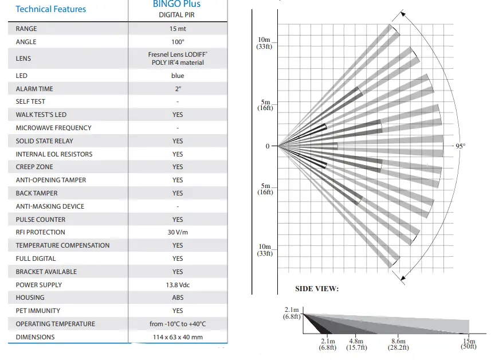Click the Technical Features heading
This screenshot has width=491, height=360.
(x=50, y=9)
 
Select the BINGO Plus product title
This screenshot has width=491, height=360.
(x=177, y=4)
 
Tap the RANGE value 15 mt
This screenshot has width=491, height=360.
(x=178, y=29)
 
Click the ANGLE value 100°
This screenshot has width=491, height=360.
(x=178, y=42)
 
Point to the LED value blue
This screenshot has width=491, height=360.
(x=178, y=76)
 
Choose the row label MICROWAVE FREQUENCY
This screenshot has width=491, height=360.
(x=53, y=128)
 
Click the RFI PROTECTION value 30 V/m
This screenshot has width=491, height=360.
(x=178, y=232)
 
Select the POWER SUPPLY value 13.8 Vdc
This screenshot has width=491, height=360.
(x=178, y=285)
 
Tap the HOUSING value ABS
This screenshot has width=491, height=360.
(x=178, y=298)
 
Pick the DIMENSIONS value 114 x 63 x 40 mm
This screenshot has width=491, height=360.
(x=178, y=337)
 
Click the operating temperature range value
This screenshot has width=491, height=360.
(x=178, y=324)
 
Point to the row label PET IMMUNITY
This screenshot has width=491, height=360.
(x=38, y=311)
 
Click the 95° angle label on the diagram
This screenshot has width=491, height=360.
(x=460, y=146)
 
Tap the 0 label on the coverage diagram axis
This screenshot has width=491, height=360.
(x=267, y=146)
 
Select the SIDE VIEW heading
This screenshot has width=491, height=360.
(x=317, y=289)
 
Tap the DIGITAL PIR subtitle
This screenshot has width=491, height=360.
(x=177, y=15)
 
